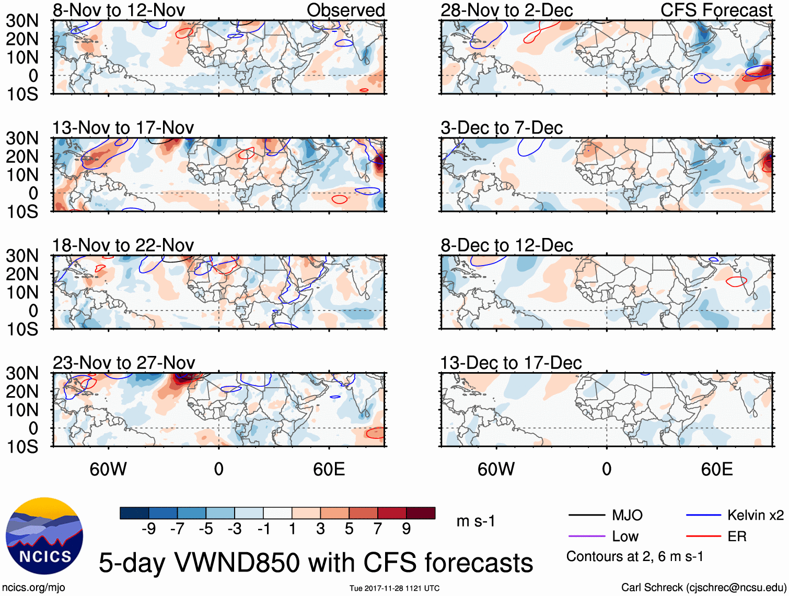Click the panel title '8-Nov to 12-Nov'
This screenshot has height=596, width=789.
(x=119, y=10)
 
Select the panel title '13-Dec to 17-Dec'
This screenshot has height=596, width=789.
(x=510, y=363)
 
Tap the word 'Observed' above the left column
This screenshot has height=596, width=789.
(x=345, y=10)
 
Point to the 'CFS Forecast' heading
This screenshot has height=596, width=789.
(x=716, y=10)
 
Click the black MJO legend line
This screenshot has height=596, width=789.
(x=586, y=516)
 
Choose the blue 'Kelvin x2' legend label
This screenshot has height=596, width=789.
(x=755, y=516)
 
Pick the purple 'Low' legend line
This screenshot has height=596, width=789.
(x=586, y=537)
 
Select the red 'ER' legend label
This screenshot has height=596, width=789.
(x=737, y=537)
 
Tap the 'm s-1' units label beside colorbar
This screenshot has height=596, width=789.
(x=475, y=521)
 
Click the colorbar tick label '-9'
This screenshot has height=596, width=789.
(x=148, y=529)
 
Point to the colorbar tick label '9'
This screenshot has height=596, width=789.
(x=407, y=529)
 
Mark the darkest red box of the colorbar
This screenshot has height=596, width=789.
(x=421, y=513)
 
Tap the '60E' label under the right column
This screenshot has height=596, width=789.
(x=716, y=469)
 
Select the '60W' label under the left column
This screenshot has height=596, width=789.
(x=108, y=469)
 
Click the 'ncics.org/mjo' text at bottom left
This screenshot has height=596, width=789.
(x=33, y=588)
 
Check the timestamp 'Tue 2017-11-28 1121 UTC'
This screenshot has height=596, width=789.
(x=394, y=589)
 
